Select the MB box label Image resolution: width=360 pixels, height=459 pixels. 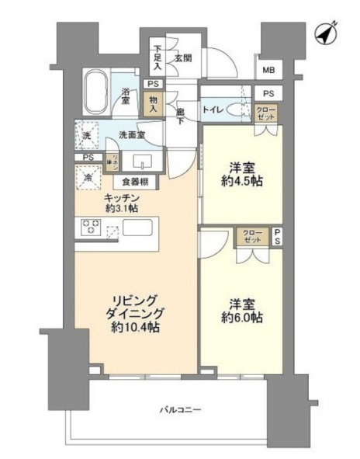268,71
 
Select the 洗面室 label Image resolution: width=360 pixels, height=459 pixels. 132,135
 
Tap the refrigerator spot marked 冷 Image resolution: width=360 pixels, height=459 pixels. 86,177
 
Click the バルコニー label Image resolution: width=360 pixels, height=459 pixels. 179,409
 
